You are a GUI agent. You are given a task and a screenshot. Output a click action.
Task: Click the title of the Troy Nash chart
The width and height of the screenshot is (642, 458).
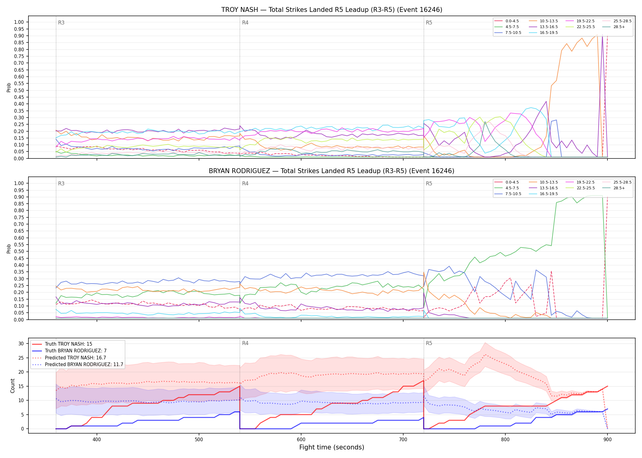pos(332,10)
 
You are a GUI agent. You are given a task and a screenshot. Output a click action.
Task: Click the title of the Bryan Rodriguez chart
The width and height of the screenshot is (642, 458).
pos(332,171)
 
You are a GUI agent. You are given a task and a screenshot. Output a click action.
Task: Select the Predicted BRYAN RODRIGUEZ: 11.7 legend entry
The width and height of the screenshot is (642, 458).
pos(78,365)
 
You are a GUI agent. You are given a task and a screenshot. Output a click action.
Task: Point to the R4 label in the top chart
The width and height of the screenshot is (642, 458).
pos(245,23)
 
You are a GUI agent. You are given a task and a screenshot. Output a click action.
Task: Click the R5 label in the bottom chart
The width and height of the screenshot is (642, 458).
pos(429,343)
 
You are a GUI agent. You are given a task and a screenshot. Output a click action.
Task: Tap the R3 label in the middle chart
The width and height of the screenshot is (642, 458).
pos(61,184)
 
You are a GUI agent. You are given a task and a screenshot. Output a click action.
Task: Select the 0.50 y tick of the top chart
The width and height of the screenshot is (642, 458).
pos(19,90)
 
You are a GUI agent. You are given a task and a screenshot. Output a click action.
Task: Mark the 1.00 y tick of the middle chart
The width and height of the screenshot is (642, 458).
pos(19,183)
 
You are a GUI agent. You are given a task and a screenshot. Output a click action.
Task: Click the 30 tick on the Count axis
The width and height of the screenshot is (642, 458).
pos(21,343)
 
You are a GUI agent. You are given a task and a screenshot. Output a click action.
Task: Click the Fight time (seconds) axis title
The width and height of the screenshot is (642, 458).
pos(332,447)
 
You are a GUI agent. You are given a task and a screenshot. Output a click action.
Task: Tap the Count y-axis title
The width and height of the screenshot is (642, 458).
pos(13,386)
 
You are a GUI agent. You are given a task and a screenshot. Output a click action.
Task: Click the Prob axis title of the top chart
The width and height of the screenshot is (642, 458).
pos(9,87)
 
